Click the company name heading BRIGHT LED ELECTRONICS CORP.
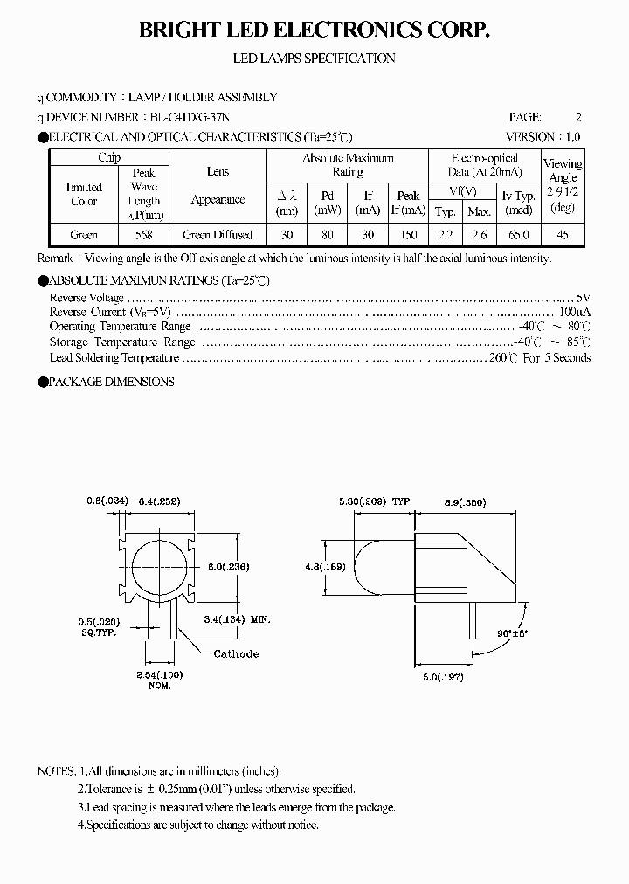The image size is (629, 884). [x=314, y=31]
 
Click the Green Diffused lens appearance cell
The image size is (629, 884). [x=218, y=235]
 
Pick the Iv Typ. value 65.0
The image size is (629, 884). [x=519, y=235]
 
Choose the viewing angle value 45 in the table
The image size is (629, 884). [x=563, y=235]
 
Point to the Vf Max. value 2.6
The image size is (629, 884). [x=479, y=235]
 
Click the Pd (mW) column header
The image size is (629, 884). [x=328, y=204]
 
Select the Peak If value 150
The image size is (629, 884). [x=408, y=235]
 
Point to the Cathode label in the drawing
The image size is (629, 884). [x=236, y=654]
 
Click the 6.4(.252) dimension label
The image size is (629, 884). [x=159, y=501]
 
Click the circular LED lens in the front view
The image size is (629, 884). [x=158, y=565]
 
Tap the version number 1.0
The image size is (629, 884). [x=573, y=136]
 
